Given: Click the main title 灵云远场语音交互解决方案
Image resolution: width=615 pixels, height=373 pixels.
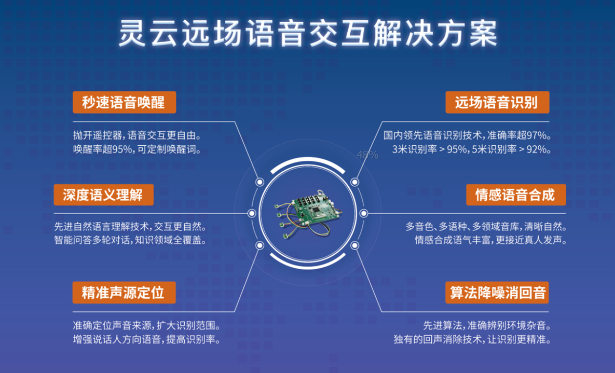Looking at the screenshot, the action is pos(308,33).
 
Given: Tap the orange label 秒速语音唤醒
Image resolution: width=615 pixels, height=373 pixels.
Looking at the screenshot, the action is pos(124,102).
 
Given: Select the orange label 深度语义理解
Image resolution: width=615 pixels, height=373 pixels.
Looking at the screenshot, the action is pos(104,195).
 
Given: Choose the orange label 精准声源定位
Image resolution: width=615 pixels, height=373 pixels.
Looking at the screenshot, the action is pos(124,292).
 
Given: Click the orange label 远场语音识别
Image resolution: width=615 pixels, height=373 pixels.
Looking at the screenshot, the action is pos(497,102).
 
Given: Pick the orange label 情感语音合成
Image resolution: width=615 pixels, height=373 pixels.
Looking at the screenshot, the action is pos(516,195).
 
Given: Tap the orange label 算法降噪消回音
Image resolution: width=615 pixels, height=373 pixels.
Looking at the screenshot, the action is pos(497,292).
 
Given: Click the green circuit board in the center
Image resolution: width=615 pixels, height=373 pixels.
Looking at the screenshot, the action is pos(308,214).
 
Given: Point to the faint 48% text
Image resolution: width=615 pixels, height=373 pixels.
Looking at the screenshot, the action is pos(367,155).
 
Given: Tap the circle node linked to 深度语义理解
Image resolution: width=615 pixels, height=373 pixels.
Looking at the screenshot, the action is pos(252,213).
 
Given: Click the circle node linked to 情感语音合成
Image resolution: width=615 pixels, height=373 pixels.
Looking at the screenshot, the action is pos(364,213).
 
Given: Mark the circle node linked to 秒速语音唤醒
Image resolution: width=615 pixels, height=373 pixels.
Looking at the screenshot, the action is pos(259,182).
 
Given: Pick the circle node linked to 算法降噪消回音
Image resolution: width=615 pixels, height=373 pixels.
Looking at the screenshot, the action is pos(354,245).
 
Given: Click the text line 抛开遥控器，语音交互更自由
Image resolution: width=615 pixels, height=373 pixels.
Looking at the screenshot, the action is pos(138,136).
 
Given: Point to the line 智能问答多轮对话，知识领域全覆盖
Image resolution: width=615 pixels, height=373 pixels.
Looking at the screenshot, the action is pos(131,240).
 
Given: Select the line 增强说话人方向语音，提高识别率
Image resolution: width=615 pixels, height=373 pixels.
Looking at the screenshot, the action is pos(147,340).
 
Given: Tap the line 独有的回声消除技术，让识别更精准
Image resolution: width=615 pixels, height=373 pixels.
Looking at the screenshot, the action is pos(472,340).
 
